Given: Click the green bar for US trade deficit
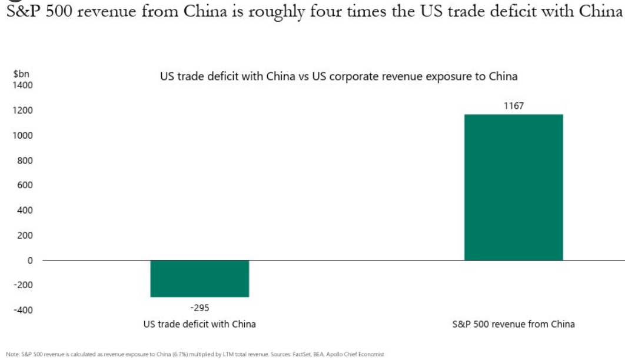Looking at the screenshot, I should tap(200, 278).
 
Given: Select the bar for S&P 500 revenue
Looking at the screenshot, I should tap(513, 187).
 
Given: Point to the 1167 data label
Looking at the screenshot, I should tap(514, 106).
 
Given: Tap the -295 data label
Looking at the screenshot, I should tap(200, 307).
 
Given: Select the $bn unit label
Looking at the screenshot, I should tap(21, 75).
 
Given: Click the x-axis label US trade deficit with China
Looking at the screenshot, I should tap(200, 324).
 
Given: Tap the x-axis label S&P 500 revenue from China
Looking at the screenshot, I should tap(514, 324).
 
